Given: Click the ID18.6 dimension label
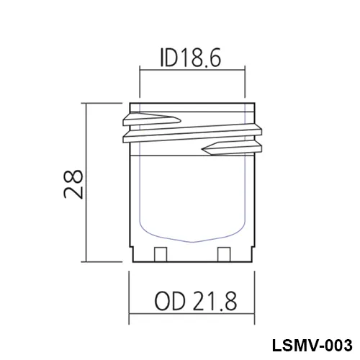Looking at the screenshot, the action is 190,58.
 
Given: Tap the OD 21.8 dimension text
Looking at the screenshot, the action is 196,301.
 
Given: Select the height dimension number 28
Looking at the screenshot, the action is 73,184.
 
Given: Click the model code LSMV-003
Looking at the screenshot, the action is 312,346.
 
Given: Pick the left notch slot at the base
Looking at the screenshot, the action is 161,254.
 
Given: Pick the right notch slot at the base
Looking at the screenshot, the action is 224,254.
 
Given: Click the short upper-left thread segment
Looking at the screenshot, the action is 152,120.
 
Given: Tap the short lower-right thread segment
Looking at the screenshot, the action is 232,148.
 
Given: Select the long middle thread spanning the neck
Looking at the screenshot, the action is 192,133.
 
